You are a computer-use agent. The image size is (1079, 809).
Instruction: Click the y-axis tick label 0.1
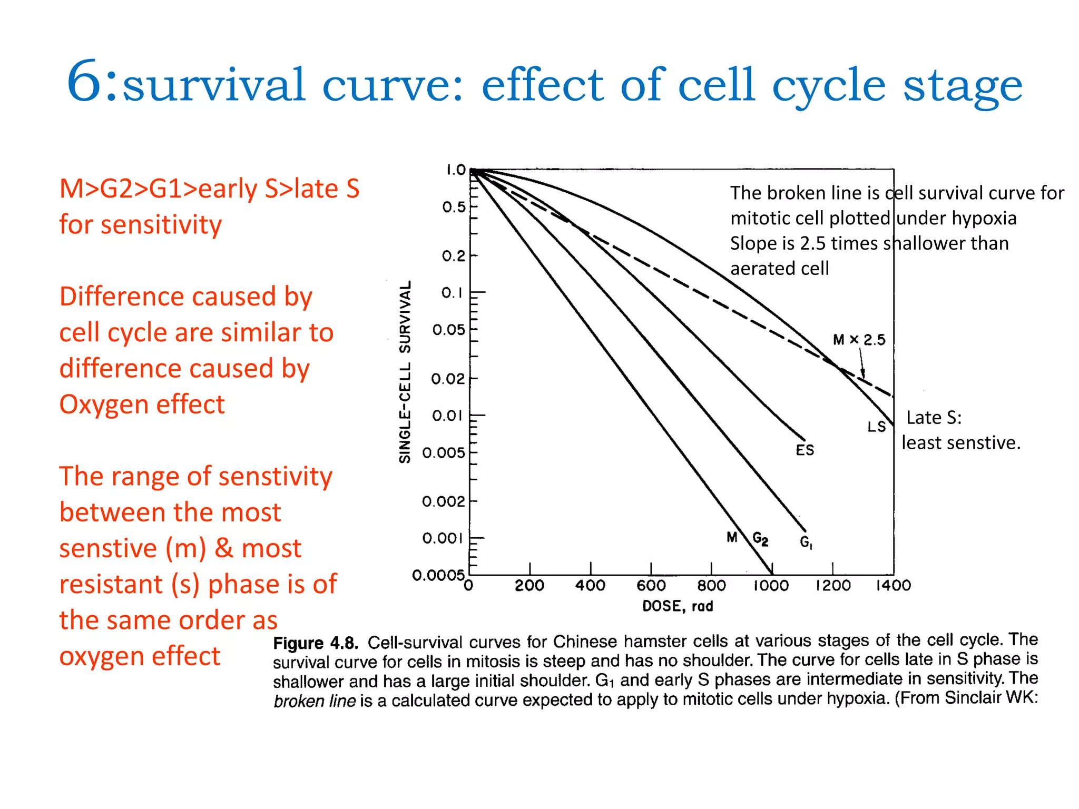(x=452, y=293)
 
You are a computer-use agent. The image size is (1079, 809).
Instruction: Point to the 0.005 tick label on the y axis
(x=444, y=453)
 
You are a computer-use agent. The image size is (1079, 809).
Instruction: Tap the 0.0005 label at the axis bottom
(x=439, y=575)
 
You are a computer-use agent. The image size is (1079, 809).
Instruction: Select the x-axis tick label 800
(x=712, y=586)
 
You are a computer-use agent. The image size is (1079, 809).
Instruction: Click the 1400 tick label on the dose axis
(x=894, y=586)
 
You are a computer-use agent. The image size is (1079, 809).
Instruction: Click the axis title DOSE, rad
(x=678, y=606)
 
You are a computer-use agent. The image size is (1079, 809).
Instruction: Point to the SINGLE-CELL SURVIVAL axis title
(x=405, y=372)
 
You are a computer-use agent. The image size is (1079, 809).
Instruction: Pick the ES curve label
(x=805, y=450)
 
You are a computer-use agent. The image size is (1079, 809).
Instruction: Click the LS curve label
(x=877, y=427)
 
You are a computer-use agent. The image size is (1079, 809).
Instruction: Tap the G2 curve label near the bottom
(x=760, y=539)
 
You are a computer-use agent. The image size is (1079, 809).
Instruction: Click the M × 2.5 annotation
(x=859, y=340)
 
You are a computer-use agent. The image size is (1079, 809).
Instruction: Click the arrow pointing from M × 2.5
(x=862, y=363)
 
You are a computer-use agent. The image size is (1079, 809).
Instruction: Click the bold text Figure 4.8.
(x=316, y=643)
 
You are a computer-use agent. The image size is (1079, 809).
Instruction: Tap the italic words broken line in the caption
(x=315, y=702)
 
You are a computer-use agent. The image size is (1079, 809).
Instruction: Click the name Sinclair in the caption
(x=972, y=698)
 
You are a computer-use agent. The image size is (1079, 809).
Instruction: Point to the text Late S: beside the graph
(x=934, y=418)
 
